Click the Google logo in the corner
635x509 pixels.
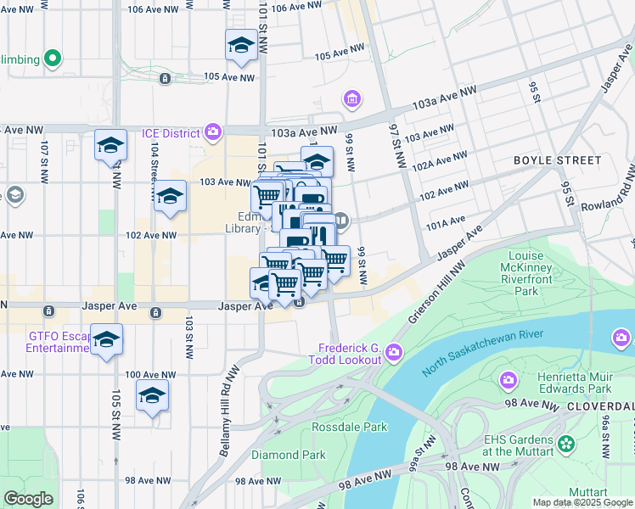click(28, 499)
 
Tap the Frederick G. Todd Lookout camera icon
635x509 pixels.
click(393, 352)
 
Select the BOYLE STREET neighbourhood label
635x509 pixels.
click(557, 159)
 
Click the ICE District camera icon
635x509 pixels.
click(212, 131)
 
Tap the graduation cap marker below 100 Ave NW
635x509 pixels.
click(153, 396)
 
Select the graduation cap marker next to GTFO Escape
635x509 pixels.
click(106, 340)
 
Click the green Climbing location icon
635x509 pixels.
click(53, 59)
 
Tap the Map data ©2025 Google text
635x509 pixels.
click(582, 502)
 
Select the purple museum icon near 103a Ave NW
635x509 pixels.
click(351, 100)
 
